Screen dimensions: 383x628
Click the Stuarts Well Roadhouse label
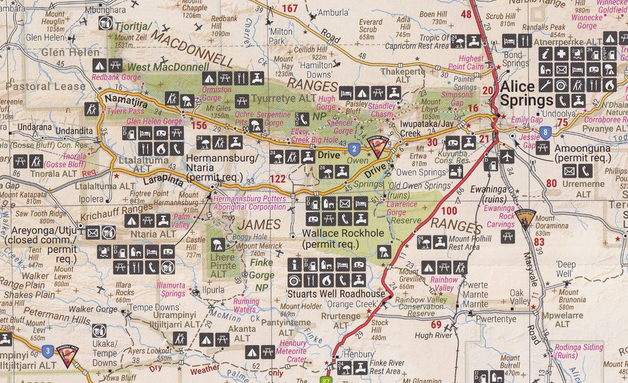pos(336,293)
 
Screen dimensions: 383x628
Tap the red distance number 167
pos(289,8)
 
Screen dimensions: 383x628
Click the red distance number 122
pos(278,179)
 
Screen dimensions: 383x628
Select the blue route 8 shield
pos(545,131)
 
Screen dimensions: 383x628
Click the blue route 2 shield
pos(353,148)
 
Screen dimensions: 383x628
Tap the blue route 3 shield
pos(47,350)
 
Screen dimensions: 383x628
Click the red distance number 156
pos(199,126)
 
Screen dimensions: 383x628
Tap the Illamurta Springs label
pos(170,290)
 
